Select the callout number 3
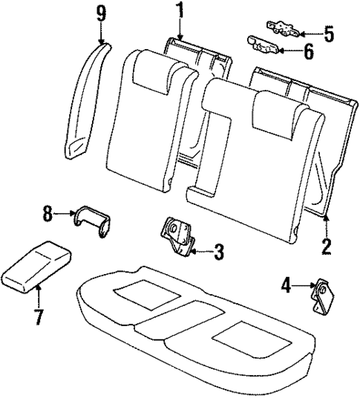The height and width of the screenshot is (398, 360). click(x=217, y=252)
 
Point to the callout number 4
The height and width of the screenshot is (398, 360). click(x=286, y=283)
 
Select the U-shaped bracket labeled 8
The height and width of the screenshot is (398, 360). click(x=91, y=221)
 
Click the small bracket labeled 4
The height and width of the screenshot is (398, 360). click(x=324, y=296)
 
